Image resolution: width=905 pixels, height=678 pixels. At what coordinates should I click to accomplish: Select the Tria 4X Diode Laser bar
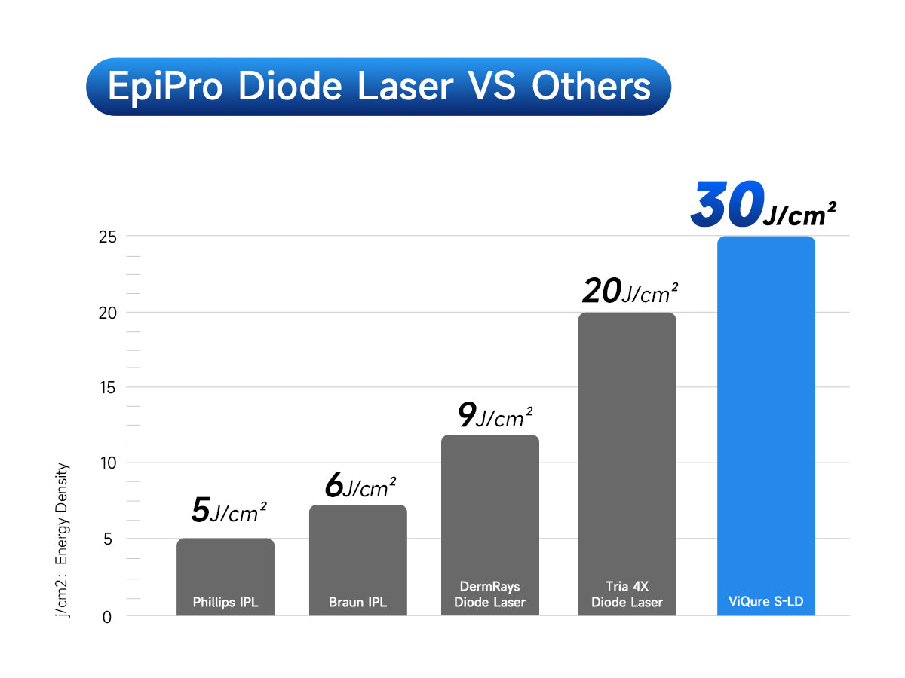[x=627, y=452]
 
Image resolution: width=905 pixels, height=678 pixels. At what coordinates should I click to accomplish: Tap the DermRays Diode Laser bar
[x=490, y=512]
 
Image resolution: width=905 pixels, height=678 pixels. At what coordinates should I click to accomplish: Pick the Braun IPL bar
[x=358, y=550]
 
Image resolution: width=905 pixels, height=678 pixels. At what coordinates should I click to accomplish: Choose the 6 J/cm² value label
[x=360, y=487]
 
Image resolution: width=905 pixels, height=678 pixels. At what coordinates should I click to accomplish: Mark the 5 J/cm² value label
[x=229, y=510]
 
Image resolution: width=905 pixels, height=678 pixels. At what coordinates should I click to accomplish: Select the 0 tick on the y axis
[x=107, y=617]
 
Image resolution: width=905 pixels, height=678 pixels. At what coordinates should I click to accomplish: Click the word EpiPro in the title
[x=165, y=87]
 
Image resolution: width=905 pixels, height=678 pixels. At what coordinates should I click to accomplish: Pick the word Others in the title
[x=591, y=87]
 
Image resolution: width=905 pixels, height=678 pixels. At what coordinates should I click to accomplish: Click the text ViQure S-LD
[x=766, y=603]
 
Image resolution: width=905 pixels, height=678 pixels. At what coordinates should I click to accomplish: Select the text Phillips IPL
[x=225, y=603]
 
